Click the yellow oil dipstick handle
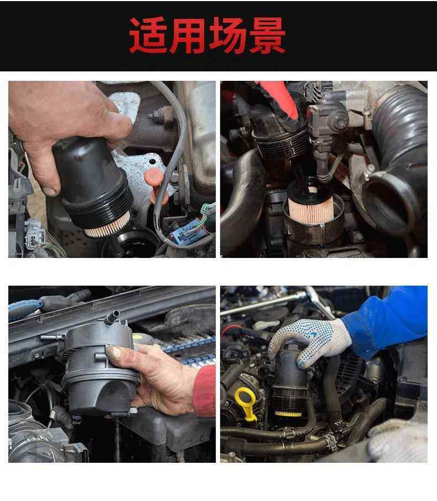pos(246,403)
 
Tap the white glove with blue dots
pos(309,342)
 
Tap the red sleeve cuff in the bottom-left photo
pos(205,391)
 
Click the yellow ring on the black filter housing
pos(288,414)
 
